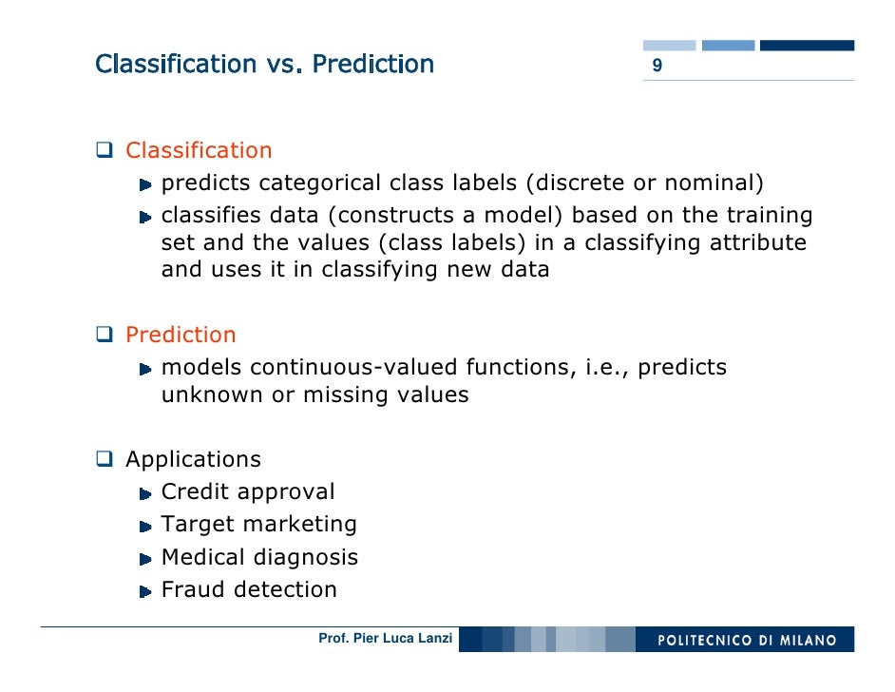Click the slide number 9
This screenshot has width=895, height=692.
657,67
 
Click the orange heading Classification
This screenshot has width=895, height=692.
199,151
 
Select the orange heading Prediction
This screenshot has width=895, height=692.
181,336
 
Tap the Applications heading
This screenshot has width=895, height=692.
193,460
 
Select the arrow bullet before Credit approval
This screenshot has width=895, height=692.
145,493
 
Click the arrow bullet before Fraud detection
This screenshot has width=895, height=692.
145,591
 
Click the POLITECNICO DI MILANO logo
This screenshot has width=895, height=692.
748,640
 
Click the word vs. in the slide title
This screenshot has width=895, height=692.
284,65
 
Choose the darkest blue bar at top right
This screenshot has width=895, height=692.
807,45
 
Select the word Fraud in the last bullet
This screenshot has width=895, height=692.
194,590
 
